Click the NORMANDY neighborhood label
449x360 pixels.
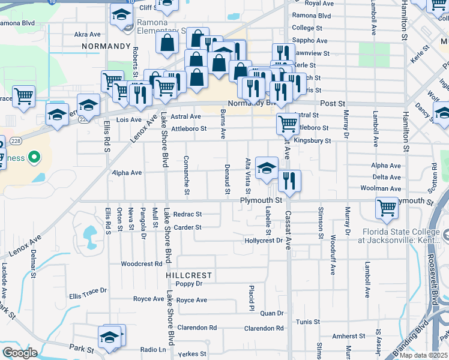click(x=106, y=46)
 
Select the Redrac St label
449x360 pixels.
click(x=187, y=214)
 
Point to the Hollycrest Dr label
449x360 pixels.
click(x=264, y=241)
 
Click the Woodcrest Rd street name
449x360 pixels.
click(x=142, y=263)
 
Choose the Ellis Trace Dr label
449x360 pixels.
click(x=88, y=296)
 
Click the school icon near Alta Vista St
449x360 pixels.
click(x=267, y=167)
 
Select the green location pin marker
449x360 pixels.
click(x=34, y=158)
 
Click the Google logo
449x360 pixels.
click(x=20, y=353)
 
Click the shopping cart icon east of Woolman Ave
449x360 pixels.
click(x=387, y=208)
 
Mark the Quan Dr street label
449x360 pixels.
click(x=271, y=313)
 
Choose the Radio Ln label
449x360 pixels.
click(x=153, y=349)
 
